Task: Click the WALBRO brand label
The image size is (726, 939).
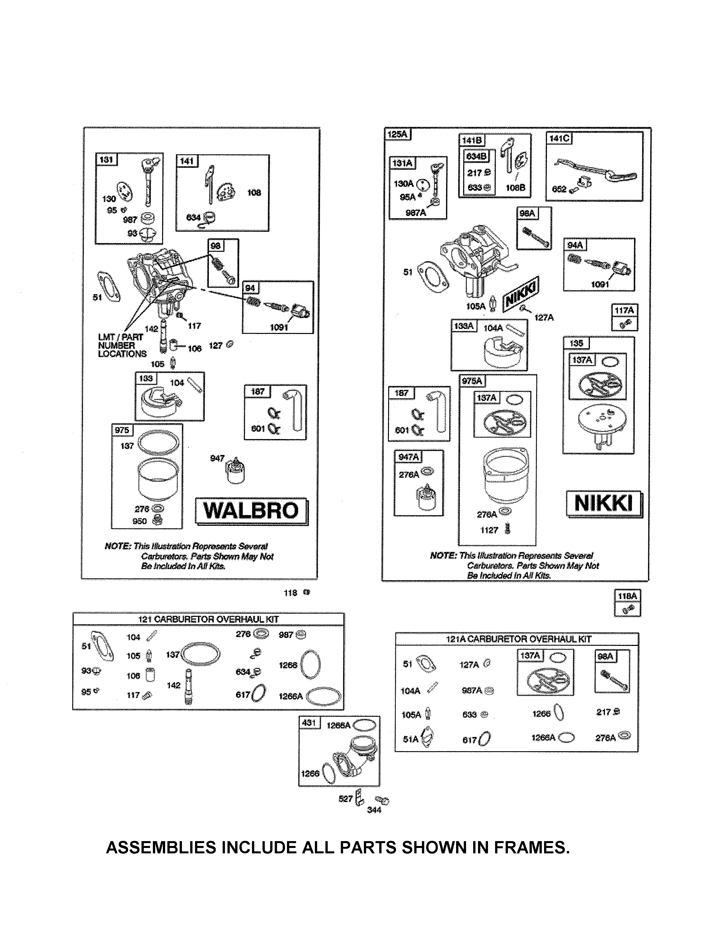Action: [251, 511]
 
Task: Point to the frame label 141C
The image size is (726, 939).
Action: [559, 139]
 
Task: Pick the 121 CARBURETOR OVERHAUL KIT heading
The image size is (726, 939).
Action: [208, 619]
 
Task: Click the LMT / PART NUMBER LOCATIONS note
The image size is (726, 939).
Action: [122, 346]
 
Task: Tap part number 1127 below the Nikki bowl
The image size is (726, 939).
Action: [489, 530]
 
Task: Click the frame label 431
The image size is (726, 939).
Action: [309, 723]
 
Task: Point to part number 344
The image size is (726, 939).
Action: [374, 810]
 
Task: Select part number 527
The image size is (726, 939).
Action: [345, 799]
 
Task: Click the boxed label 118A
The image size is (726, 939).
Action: [627, 596]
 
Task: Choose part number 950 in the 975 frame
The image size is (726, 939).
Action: [140, 521]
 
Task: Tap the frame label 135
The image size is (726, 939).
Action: [576, 343]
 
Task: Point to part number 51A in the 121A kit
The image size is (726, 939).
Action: [410, 739]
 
